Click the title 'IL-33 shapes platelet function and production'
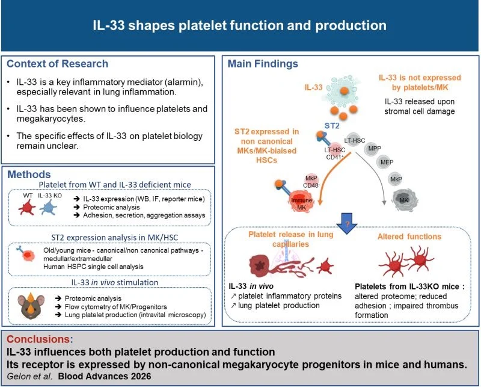[x=240, y=26]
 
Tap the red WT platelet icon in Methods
[x=27, y=208]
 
